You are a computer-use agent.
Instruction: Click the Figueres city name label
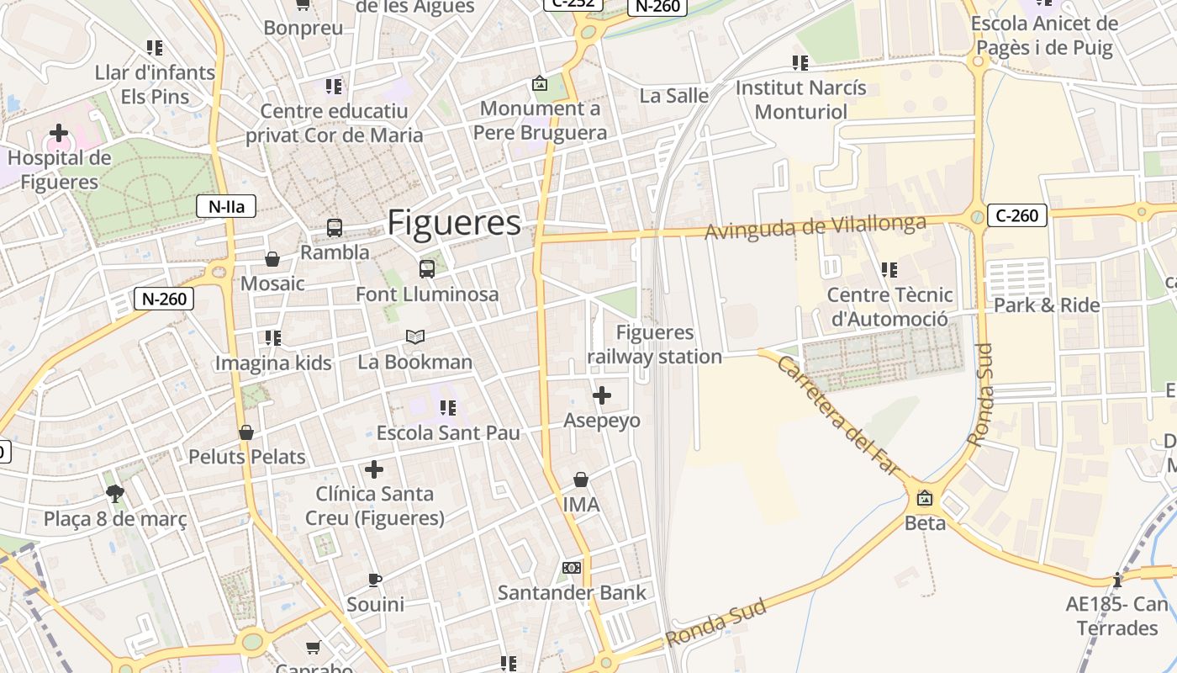click(x=454, y=223)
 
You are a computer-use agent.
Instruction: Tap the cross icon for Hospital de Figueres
click(x=59, y=133)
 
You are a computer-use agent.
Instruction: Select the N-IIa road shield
click(x=226, y=206)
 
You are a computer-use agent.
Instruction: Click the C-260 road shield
click(x=1016, y=215)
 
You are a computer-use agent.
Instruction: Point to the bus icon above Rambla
click(x=335, y=227)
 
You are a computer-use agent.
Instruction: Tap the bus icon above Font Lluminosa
click(x=427, y=269)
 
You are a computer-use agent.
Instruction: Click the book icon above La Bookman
click(x=415, y=336)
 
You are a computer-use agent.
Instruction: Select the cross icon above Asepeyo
click(x=602, y=395)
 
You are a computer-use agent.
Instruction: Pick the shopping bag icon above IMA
click(x=581, y=480)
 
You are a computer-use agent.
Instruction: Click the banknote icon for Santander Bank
click(x=572, y=568)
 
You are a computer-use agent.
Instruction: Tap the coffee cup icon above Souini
click(x=375, y=580)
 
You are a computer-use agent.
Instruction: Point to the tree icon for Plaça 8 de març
click(x=115, y=494)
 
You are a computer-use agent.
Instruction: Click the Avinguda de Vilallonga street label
click(x=815, y=226)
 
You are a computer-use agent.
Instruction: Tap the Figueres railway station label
click(x=654, y=345)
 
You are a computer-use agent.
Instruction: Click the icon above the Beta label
click(x=925, y=498)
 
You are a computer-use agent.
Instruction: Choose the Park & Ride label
click(x=1047, y=305)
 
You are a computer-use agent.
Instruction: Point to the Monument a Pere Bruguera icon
click(x=540, y=84)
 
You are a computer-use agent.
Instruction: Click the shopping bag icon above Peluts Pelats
click(x=246, y=432)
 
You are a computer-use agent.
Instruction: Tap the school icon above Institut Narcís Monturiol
click(x=800, y=62)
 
